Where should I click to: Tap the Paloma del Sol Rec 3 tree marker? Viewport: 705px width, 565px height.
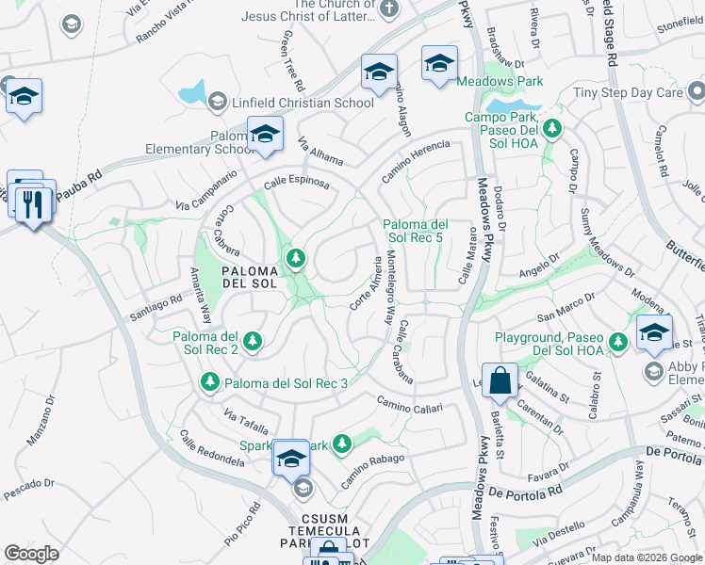pyautogui.click(x=210, y=382)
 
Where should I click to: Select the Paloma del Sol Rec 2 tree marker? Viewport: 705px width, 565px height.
pyautogui.click(x=252, y=343)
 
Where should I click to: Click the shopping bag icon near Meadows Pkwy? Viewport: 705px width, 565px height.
pyautogui.click(x=501, y=380)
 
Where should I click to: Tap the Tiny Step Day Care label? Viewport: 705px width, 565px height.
pyautogui.click(x=629, y=93)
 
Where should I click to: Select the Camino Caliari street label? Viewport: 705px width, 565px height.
pyautogui.click(x=410, y=405)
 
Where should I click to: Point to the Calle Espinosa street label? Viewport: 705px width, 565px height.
pyautogui.click(x=296, y=182)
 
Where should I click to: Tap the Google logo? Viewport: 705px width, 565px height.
pyautogui.click(x=31, y=554)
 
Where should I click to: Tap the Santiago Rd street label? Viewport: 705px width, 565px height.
pyautogui.click(x=156, y=307)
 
